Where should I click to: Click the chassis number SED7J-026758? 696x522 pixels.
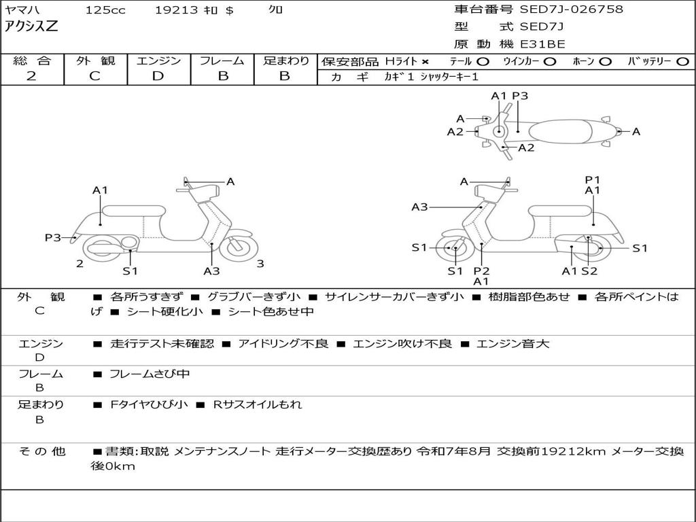tap(571, 10)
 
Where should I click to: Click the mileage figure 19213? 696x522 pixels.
tap(176, 10)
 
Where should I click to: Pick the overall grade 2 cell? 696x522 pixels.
tap(31, 76)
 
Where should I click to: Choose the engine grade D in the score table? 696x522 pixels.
tap(158, 76)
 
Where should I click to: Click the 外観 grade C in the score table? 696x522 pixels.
tap(94, 76)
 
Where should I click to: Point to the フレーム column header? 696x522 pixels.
tap(222, 61)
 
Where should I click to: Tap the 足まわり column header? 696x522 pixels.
tap(285, 61)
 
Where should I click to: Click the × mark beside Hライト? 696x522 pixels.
tap(425, 62)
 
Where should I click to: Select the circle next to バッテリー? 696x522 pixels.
tap(682, 62)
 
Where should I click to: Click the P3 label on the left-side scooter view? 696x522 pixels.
tap(53, 237)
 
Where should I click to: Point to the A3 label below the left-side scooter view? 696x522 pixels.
tap(211, 271)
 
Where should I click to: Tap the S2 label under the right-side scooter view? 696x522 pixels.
tap(589, 271)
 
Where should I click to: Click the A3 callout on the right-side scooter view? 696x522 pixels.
tap(419, 207)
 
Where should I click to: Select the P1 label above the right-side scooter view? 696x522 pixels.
tap(593, 179)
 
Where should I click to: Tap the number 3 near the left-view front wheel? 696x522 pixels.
tap(260, 264)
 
